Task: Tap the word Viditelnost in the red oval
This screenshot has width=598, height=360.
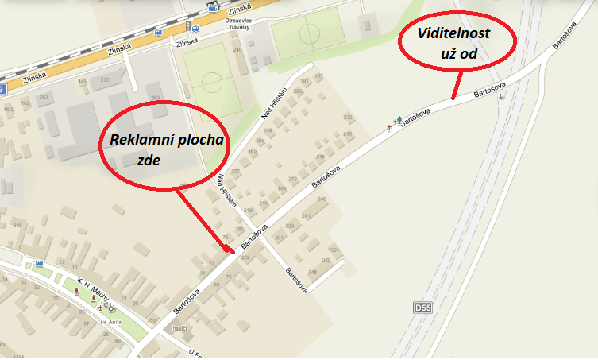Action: pyautogui.click(x=456, y=36)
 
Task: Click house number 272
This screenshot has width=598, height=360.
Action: pyautogui.click(x=347, y=118)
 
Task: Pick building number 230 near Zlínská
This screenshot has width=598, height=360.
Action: pyautogui.click(x=105, y=80)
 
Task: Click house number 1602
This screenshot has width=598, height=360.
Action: pyautogui.click(x=10, y=108)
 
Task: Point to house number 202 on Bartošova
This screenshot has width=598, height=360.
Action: pyautogui.click(x=245, y=257)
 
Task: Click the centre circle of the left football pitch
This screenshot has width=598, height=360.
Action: pyautogui.click(x=212, y=82)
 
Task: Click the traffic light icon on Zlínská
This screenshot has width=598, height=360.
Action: pyautogui.click(x=187, y=25)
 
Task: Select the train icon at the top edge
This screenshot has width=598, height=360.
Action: pyautogui.click(x=212, y=7)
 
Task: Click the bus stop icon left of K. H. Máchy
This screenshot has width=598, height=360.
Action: pyautogui.click(x=39, y=263)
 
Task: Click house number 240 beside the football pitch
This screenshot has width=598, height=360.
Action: pyautogui.click(x=236, y=49)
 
